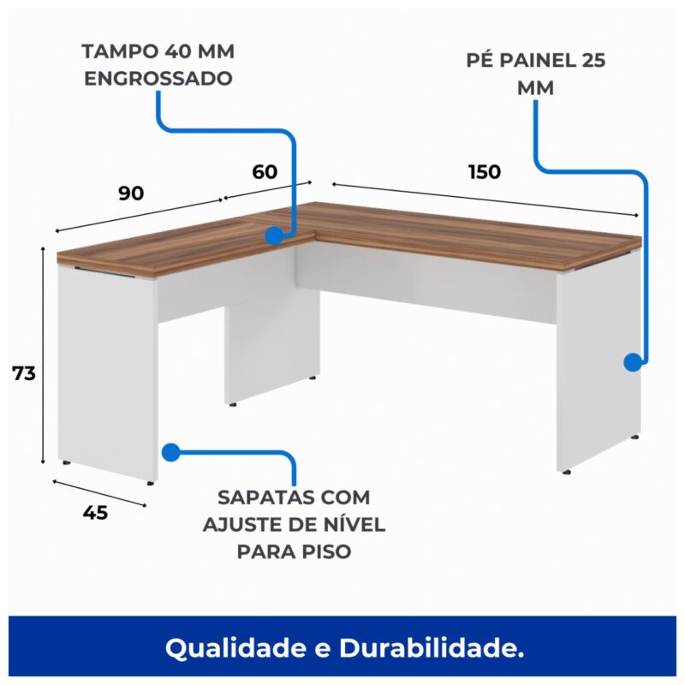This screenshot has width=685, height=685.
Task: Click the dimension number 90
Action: [x=130, y=193]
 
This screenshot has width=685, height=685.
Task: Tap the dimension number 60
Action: [x=265, y=171]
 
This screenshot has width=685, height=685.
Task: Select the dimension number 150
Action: [x=485, y=171]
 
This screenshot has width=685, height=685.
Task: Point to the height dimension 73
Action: [x=23, y=373]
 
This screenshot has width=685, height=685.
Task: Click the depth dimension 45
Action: [x=96, y=513]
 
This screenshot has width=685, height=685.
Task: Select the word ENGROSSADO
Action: [x=158, y=77]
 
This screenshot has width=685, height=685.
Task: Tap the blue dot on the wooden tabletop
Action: [x=273, y=235]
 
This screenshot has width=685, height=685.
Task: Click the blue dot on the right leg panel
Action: [x=632, y=362]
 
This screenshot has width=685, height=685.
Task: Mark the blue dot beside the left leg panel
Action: [x=170, y=452]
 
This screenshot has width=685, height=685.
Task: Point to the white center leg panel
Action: [x=270, y=342]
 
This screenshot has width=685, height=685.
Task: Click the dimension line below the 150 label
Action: [x=485, y=199]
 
